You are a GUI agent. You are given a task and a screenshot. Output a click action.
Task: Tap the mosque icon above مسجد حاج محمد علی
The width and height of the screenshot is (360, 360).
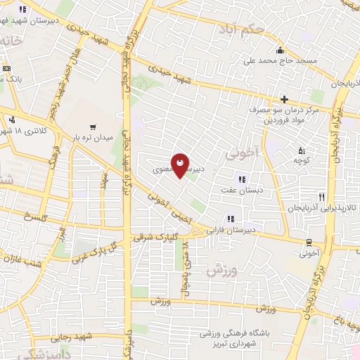(281, 50)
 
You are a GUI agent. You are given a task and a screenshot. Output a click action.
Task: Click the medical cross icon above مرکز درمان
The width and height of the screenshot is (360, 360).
(284, 99)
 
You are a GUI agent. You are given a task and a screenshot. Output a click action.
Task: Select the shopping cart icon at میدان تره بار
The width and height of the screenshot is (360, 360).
(93, 127)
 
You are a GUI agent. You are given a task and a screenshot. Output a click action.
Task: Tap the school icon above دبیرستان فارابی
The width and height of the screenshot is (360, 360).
(230, 218)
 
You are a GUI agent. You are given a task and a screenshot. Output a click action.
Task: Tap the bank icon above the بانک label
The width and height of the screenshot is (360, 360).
(6, 68)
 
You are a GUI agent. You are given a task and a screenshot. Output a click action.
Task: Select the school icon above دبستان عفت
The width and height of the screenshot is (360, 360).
(243, 178)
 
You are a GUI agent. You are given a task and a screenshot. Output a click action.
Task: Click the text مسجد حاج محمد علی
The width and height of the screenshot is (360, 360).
(280, 61)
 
